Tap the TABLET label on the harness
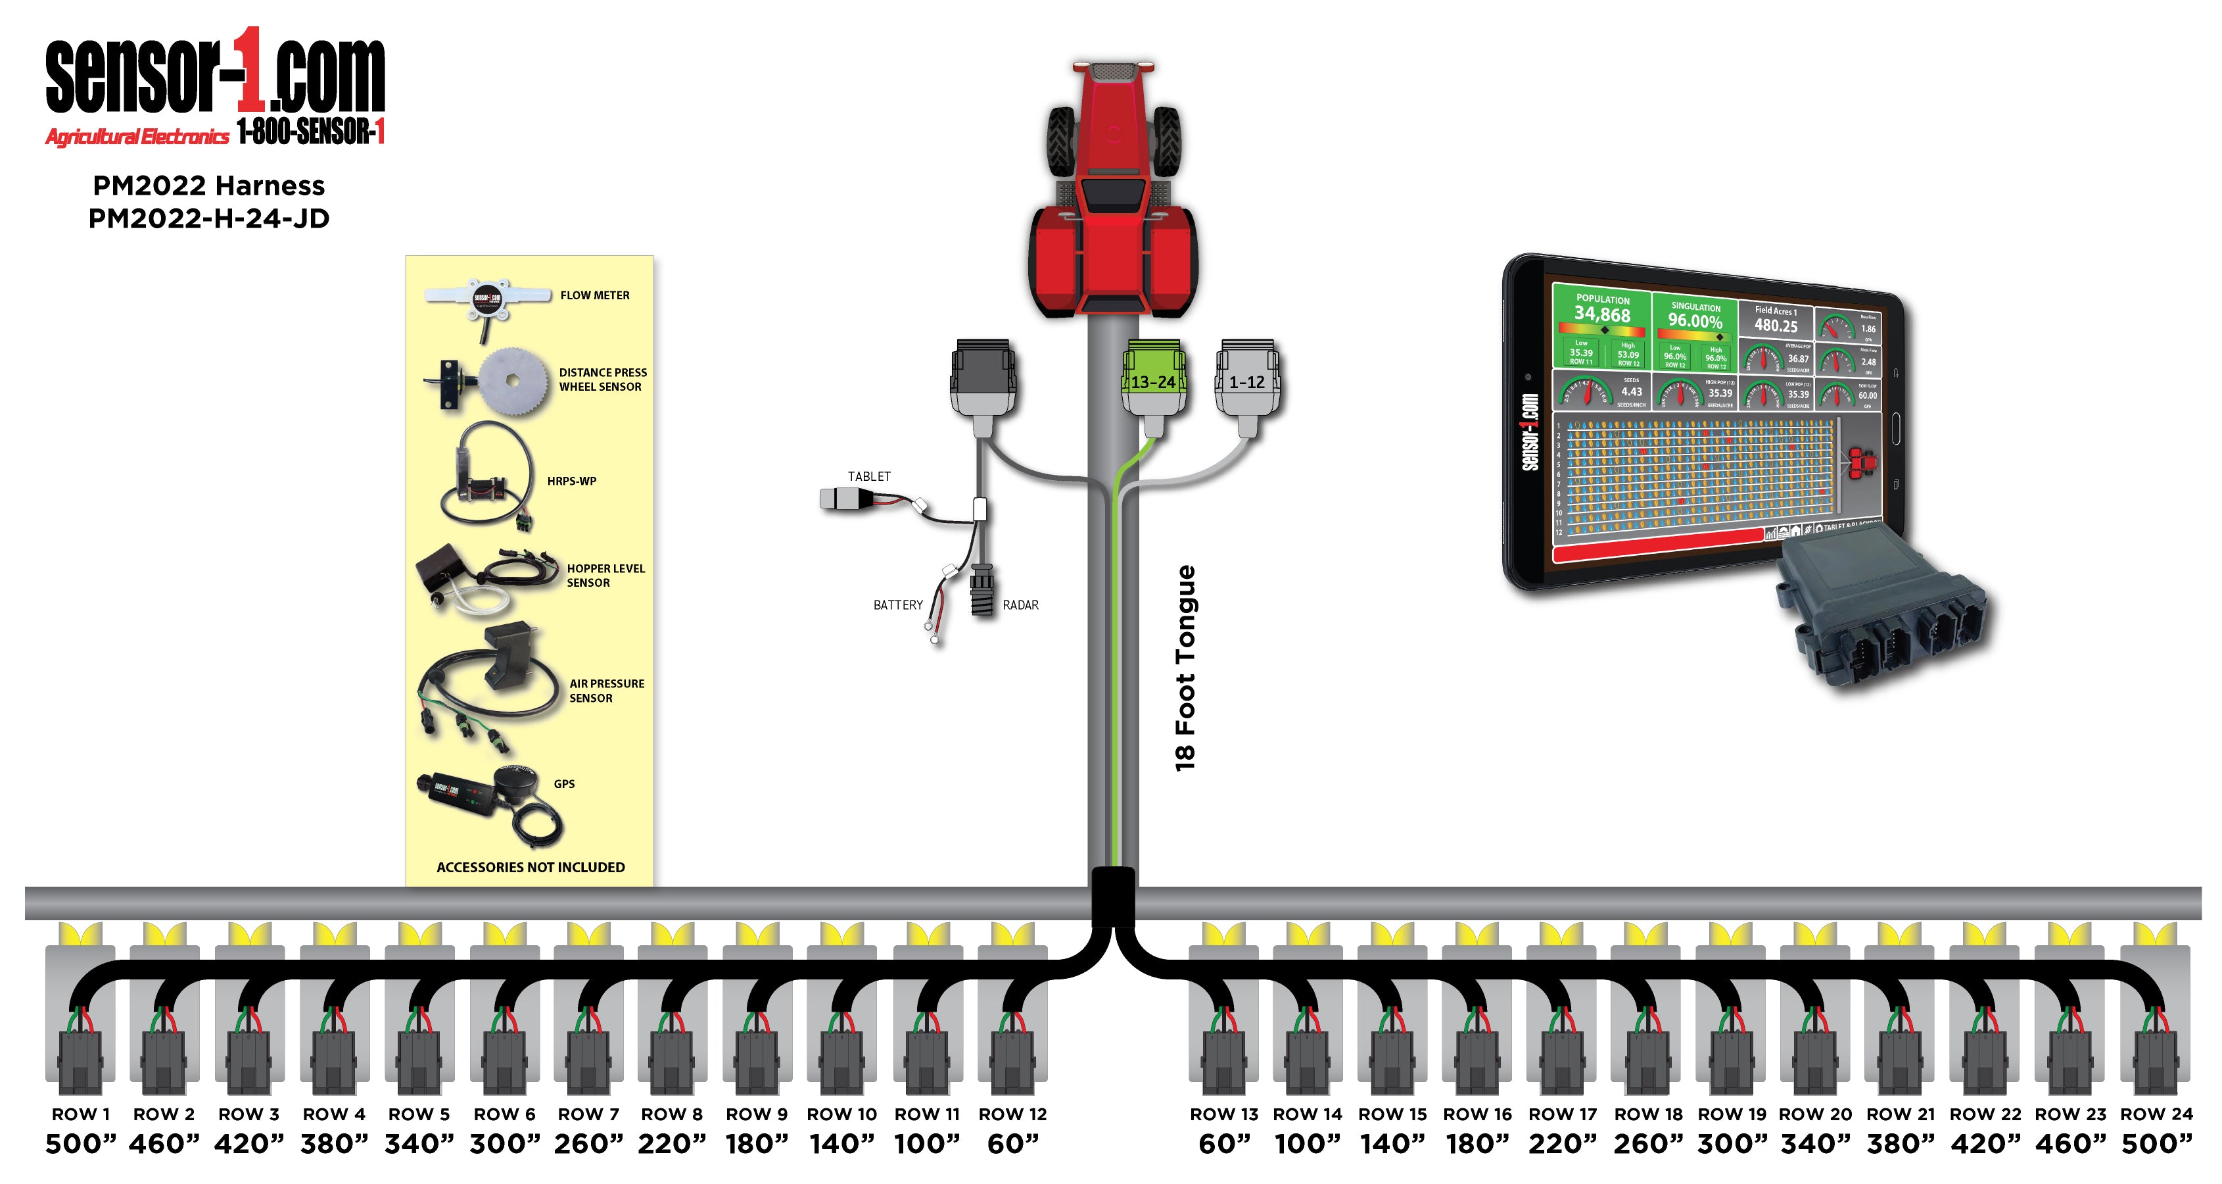point(868,476)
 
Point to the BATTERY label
point(897,605)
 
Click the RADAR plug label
point(1020,605)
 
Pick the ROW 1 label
point(80,1114)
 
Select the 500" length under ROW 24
point(2156,1145)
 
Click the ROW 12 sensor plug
point(1012,1062)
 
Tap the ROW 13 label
point(1224,1114)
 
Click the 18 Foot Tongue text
point(1186,669)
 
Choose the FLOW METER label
point(594,295)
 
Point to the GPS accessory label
point(564,783)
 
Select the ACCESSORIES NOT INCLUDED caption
point(531,868)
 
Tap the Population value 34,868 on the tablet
point(1602,314)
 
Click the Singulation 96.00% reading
point(1695,320)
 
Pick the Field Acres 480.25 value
point(1776,326)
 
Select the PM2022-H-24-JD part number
point(209,218)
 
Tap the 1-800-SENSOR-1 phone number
point(310,132)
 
